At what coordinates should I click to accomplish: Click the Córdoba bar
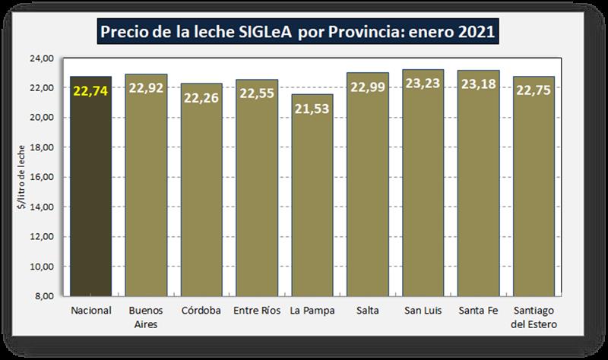point(201,197)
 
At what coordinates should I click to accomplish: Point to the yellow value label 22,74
point(91,91)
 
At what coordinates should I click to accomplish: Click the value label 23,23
point(423,84)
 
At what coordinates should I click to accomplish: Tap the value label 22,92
point(147,89)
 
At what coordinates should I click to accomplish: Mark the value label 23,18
point(479,85)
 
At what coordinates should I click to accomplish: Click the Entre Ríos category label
point(257,311)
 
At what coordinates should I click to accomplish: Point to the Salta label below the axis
point(368,311)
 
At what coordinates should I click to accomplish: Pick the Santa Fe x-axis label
point(479,311)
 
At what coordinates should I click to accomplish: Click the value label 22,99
point(368,87)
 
